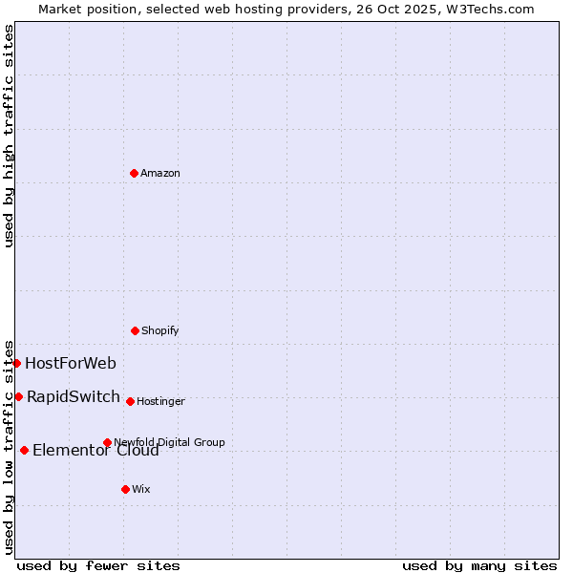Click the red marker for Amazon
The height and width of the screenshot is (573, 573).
coord(134,173)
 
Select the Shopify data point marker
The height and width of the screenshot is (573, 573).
coord(135,330)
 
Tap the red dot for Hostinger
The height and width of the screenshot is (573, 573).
coord(130,401)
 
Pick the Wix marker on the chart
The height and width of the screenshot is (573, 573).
coord(125,489)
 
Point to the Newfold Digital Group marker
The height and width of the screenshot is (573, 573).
coord(107,442)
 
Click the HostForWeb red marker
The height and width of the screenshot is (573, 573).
coord(16,363)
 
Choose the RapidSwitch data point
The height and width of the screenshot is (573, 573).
coord(18,396)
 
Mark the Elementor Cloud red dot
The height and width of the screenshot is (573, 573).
coord(24,450)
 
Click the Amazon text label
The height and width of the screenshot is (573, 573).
coord(160,173)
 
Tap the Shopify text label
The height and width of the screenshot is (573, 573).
coord(160,330)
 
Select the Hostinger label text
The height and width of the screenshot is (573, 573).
coord(160,401)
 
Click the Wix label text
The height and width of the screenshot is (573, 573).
coord(141,489)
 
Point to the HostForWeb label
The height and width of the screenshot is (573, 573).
coord(71,363)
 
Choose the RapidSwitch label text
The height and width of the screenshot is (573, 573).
coord(74,396)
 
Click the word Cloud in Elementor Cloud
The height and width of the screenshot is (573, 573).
coord(138,451)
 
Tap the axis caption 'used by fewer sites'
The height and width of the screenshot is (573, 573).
coord(98,565)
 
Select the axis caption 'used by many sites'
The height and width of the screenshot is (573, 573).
coord(479,565)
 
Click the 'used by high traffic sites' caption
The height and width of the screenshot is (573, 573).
coord(9,136)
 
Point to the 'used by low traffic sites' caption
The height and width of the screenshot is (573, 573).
coord(9,446)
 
